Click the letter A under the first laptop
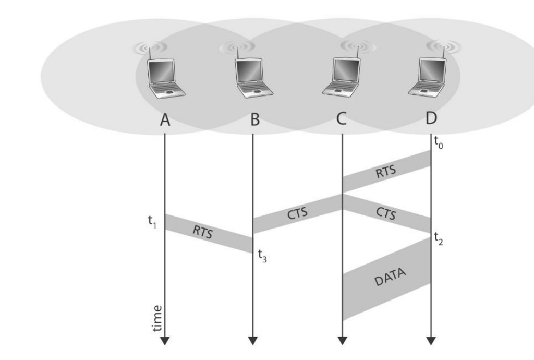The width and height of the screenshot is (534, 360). coord(165,121)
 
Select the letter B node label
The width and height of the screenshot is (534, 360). coord(254,120)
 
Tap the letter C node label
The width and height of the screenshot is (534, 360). coord(341,119)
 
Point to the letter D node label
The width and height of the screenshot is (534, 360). coord(431,118)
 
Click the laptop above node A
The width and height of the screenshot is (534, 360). coord(165,79)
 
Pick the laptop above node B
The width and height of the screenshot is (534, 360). coord(254,78)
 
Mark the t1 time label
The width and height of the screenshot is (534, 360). coord(152,221)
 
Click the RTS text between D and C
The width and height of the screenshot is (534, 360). coord(386,172)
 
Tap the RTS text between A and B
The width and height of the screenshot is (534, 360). coord(202,233)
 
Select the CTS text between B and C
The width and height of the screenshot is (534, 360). coord(297,212)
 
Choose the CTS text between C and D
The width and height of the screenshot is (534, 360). coord(386,213)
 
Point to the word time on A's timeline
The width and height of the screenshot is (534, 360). coord(157,318)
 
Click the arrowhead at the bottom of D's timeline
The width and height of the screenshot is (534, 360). coord(431,341)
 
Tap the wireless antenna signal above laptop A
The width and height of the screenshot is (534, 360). coord(150,47)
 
